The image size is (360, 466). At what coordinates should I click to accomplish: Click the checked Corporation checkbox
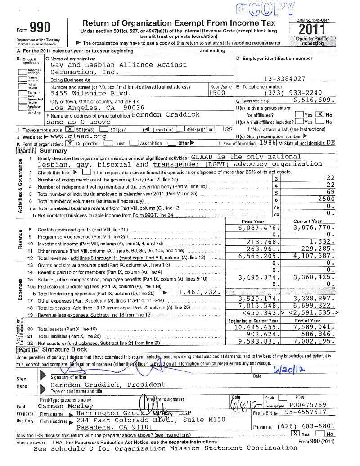tap(70, 143)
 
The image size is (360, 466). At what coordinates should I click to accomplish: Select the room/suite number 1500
tap(216, 93)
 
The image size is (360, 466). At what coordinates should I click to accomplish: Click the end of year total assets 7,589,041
tap(314, 327)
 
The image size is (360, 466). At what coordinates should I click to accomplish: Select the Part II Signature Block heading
tap(51, 349)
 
